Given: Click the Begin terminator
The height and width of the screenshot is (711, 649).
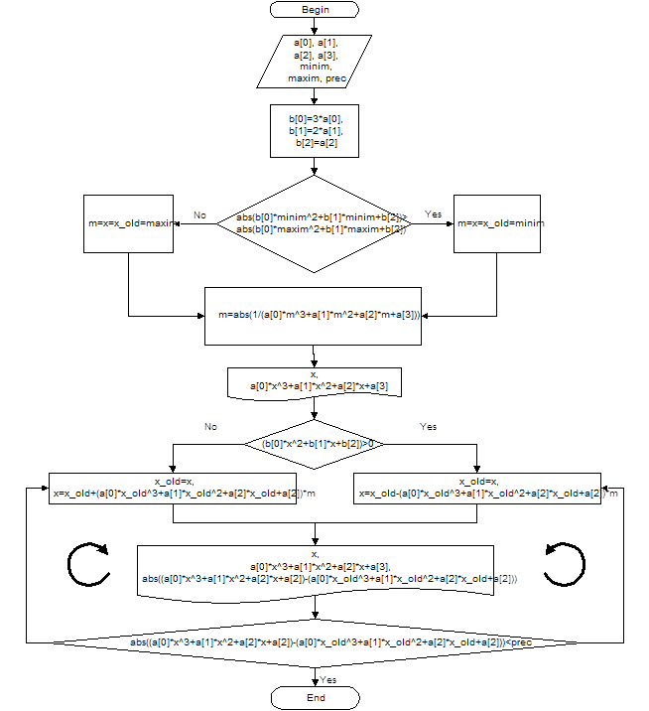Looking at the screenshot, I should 315,9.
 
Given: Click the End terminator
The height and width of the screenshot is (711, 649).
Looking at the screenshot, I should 315,698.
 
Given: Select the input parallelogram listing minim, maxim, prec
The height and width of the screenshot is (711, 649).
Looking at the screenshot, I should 314,62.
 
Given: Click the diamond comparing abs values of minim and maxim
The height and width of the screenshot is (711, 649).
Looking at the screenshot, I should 315,223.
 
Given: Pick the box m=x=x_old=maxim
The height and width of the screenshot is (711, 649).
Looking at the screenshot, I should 130,223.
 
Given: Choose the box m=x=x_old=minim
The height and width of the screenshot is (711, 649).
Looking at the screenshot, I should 499,223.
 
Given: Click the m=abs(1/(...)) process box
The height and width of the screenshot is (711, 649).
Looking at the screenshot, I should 316,316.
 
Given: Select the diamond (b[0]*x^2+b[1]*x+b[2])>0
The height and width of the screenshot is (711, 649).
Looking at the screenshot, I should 315,442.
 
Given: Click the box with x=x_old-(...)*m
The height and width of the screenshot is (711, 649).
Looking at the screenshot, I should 477,489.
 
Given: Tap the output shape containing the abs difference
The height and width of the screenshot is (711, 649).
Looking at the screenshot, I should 315,569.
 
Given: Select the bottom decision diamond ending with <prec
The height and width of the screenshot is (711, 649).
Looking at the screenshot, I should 315,642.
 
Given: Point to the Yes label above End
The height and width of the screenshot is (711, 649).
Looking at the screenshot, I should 328,679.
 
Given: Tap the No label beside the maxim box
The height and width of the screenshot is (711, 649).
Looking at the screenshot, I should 199,214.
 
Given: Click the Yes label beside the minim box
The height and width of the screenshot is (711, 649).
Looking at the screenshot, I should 433,214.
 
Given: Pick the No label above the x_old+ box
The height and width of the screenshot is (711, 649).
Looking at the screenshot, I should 210,426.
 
